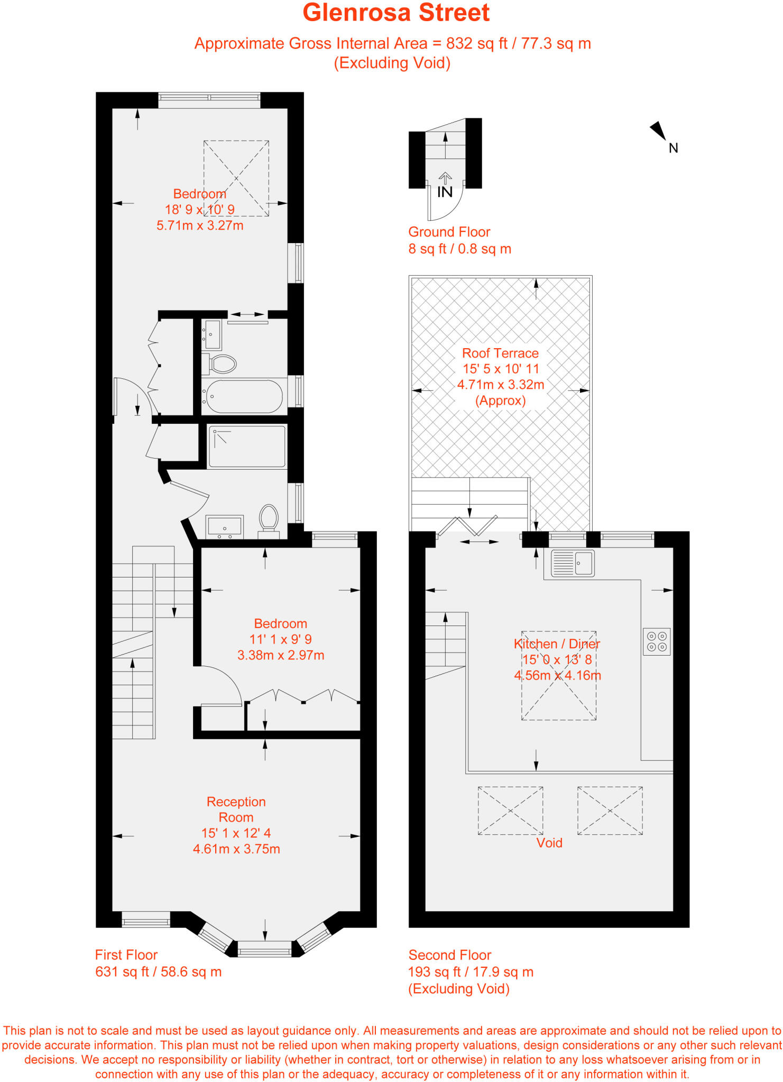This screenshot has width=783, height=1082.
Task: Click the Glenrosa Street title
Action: point(395,13)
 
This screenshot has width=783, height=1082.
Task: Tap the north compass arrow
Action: point(659,130)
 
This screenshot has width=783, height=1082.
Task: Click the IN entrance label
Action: point(445,192)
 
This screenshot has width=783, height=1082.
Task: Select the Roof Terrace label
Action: point(500,353)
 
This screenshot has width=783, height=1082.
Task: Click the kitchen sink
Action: point(573,563)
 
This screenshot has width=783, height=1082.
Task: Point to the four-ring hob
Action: point(657,642)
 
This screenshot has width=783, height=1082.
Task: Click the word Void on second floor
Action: point(549,843)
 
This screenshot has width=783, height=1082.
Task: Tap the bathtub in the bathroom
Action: point(244,396)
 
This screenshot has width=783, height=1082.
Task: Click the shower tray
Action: point(247,446)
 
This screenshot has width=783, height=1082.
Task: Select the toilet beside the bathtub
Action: point(223,363)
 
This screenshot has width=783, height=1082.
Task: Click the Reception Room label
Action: point(236,809)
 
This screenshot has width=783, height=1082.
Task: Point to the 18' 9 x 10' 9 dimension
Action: point(200,209)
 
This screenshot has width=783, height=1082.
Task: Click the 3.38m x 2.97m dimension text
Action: point(281,655)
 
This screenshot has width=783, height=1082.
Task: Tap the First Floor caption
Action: point(126,955)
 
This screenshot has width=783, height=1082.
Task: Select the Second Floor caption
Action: point(449,955)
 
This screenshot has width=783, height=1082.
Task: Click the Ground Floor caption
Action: point(449,232)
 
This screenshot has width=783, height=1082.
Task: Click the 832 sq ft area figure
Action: point(476,43)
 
